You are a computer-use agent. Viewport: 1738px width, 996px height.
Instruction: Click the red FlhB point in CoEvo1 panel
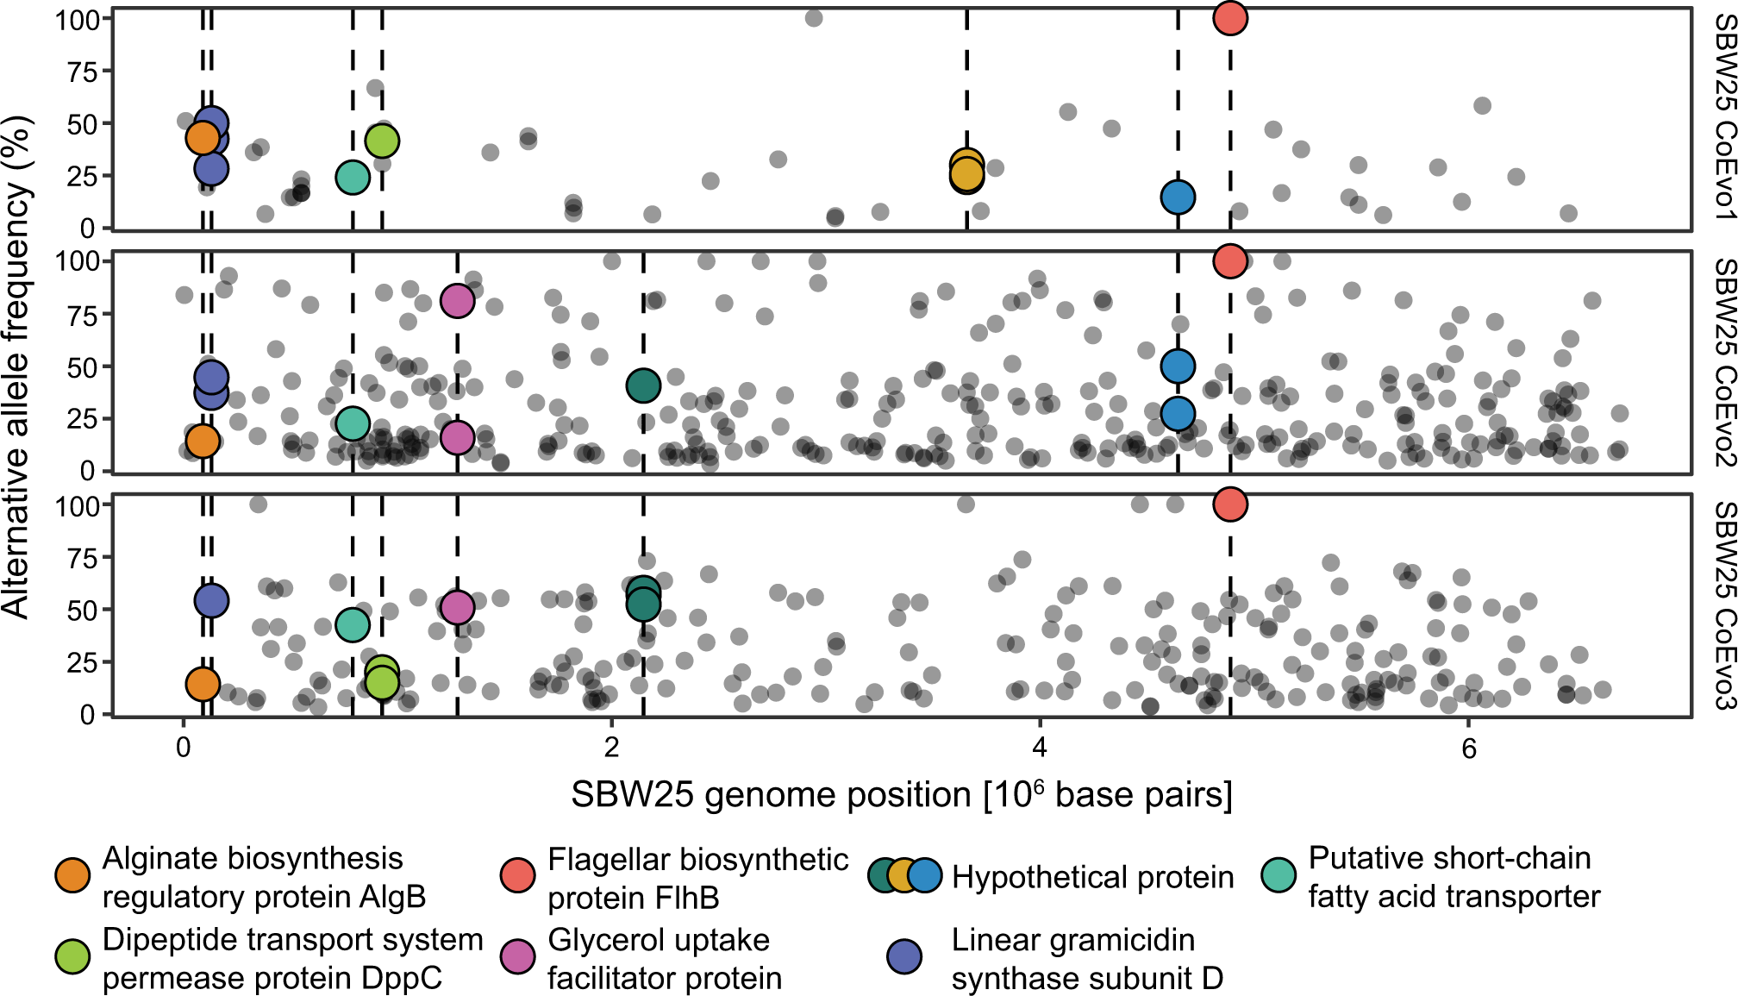pos(1230,17)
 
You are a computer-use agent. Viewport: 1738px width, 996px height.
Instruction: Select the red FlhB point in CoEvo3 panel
pos(1230,504)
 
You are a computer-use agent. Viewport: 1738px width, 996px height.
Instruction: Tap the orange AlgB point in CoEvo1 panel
pos(202,137)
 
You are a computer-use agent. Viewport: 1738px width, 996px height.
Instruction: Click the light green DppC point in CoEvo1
pos(382,141)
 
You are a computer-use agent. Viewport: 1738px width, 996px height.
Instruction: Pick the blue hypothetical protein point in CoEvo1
pos(1178,197)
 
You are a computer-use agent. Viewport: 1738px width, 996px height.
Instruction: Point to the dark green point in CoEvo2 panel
pos(643,385)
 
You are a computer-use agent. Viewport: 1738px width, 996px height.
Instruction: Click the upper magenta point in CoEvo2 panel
pos(457,300)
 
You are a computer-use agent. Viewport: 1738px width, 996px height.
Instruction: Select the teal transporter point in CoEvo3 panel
pos(352,624)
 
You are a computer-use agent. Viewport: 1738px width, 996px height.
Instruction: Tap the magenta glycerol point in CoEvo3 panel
pos(457,607)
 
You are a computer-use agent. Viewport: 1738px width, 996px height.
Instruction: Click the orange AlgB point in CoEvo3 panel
pos(202,684)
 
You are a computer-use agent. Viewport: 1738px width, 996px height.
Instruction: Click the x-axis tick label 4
pos(1040,747)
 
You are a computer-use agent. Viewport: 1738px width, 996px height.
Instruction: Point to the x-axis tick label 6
pos(1468,747)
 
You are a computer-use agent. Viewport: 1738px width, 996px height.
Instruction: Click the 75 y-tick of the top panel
pos(83,72)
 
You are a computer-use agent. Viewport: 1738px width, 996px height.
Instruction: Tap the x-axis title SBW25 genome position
pos(902,794)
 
